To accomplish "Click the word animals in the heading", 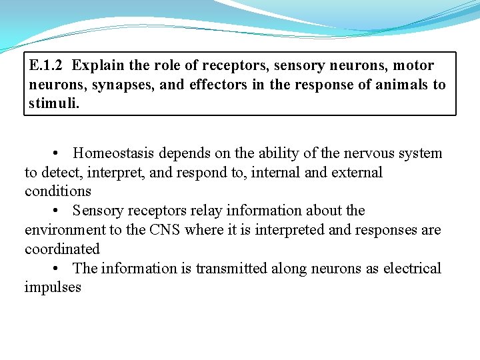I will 397,85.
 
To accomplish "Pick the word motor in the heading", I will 413,65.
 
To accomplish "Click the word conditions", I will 58,192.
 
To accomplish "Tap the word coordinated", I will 62,249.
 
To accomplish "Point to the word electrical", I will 412,269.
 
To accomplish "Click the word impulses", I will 53,288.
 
